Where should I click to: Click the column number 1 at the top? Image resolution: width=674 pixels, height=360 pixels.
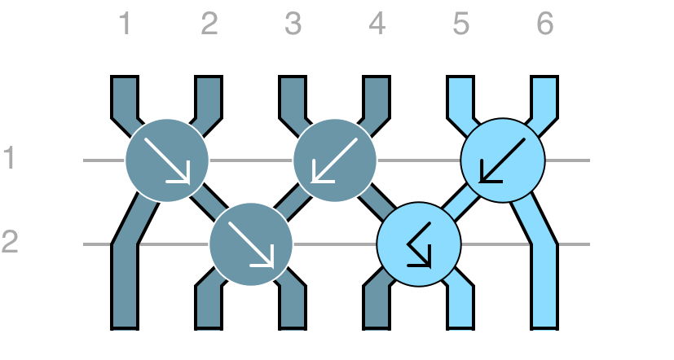point(125,24)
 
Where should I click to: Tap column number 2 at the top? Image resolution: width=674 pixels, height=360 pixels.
point(209,24)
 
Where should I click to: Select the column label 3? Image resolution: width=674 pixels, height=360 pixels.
point(293,24)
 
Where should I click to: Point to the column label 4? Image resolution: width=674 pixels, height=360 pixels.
point(377,24)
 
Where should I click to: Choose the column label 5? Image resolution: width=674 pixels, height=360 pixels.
point(460,24)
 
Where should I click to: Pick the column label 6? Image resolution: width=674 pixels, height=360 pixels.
point(545,24)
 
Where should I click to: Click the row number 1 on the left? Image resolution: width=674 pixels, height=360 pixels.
point(10,158)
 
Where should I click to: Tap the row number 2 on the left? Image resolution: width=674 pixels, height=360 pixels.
point(10,242)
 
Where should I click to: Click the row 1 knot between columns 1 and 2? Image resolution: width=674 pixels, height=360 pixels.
point(167,160)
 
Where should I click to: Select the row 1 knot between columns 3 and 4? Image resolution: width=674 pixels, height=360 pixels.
point(335,160)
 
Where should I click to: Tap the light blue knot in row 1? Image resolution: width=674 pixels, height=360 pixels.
point(503,160)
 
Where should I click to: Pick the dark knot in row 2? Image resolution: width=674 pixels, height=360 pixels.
point(251,244)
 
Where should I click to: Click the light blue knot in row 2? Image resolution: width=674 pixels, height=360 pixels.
point(419,244)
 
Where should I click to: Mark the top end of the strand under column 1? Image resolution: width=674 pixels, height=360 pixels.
point(125,77)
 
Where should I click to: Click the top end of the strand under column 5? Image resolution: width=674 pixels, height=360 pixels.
point(460,77)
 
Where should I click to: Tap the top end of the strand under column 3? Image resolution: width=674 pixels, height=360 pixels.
point(293,77)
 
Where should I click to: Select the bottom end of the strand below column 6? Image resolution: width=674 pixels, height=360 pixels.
point(545,328)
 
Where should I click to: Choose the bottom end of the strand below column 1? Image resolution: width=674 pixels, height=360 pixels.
point(125,328)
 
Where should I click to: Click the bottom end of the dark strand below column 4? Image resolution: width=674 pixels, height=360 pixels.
point(377,328)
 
